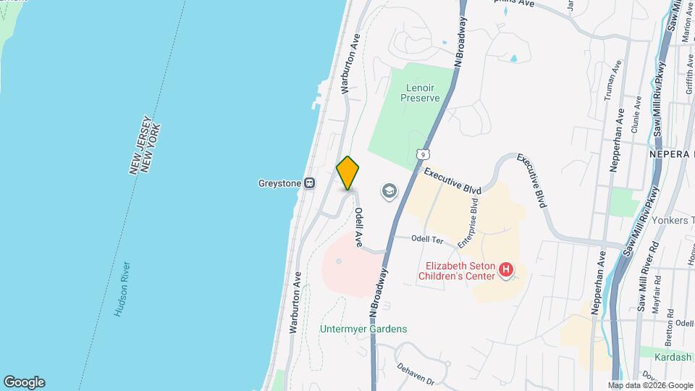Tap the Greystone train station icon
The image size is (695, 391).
click(310, 183)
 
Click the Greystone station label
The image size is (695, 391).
click(279, 183)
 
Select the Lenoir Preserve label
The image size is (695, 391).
click(421, 91)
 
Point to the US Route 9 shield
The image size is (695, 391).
click(422, 154)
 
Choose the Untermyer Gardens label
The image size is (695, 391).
click(363, 329)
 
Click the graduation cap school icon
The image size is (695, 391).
click(389, 191)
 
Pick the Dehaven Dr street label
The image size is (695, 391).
click(414, 374)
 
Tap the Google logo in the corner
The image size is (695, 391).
click(24, 382)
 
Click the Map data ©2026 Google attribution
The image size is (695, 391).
click(650, 385)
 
